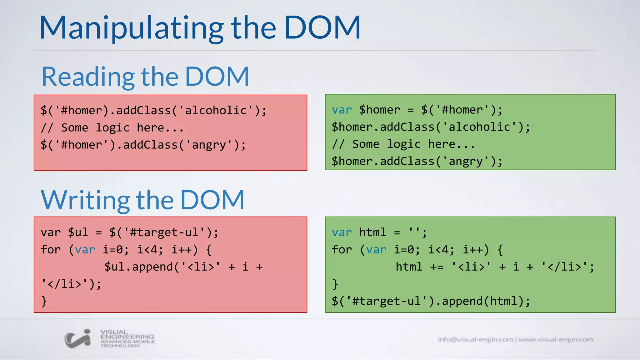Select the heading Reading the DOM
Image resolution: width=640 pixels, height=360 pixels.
pyautogui.click(x=145, y=77)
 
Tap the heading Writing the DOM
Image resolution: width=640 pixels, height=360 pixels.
pyautogui.click(x=142, y=200)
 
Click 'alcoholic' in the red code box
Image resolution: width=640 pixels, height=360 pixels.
pyautogui.click(x=216, y=111)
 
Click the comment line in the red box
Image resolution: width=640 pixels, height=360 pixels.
pyautogui.click(x=112, y=128)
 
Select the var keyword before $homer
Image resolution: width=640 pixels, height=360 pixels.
pyautogui.click(x=342, y=110)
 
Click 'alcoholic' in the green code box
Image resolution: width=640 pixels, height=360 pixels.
pyautogui.click(x=479, y=127)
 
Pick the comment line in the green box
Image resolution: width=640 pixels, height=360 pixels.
pyautogui.click(x=403, y=144)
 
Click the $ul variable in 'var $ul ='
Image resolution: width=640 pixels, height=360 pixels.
pyautogui.click(x=78, y=232)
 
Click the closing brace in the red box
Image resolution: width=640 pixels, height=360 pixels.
pyautogui.click(x=44, y=301)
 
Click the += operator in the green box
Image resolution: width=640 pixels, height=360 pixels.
pyautogui.click(x=437, y=267)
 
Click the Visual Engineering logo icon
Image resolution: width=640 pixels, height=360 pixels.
pyautogui.click(x=77, y=338)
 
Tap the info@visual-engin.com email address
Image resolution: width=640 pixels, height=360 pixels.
pyautogui.click(x=475, y=339)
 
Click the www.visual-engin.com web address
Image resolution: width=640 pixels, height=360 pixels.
pyautogui.click(x=556, y=339)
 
